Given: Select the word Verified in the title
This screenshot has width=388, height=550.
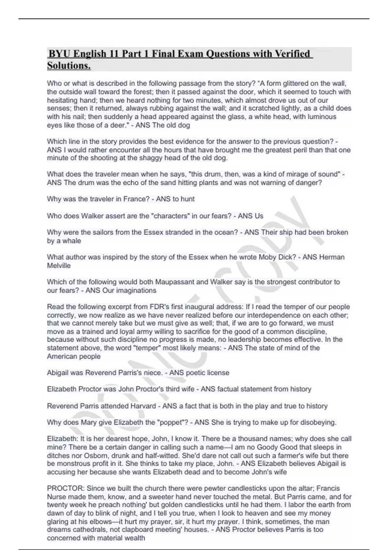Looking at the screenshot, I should click(292, 54).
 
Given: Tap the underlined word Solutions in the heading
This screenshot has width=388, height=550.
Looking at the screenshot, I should click(68, 66).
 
